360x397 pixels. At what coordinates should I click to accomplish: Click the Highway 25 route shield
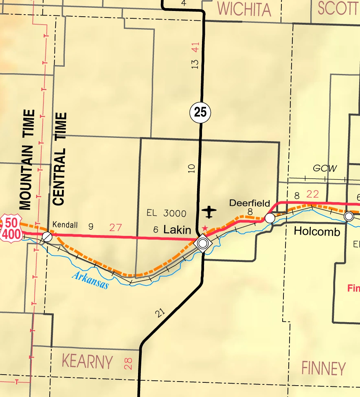click(200, 112)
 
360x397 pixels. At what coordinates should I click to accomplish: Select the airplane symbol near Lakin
click(209, 212)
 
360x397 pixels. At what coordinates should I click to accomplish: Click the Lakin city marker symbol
click(203, 244)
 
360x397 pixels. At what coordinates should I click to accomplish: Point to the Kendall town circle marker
click(47, 236)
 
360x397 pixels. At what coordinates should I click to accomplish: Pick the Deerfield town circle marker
click(270, 218)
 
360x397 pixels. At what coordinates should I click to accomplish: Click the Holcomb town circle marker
click(349, 216)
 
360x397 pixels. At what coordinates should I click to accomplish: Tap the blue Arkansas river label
click(90, 280)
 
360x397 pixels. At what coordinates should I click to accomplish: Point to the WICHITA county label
click(244, 9)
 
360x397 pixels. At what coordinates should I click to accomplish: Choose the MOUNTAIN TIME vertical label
click(27, 159)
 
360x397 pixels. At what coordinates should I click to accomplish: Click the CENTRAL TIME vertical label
click(59, 159)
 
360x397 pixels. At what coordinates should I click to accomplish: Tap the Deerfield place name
click(250, 203)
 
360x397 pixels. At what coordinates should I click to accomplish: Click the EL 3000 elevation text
click(167, 213)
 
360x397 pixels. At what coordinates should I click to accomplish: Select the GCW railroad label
click(325, 168)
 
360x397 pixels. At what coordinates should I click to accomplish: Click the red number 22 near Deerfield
click(312, 194)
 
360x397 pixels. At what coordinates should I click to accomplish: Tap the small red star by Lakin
click(205, 228)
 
